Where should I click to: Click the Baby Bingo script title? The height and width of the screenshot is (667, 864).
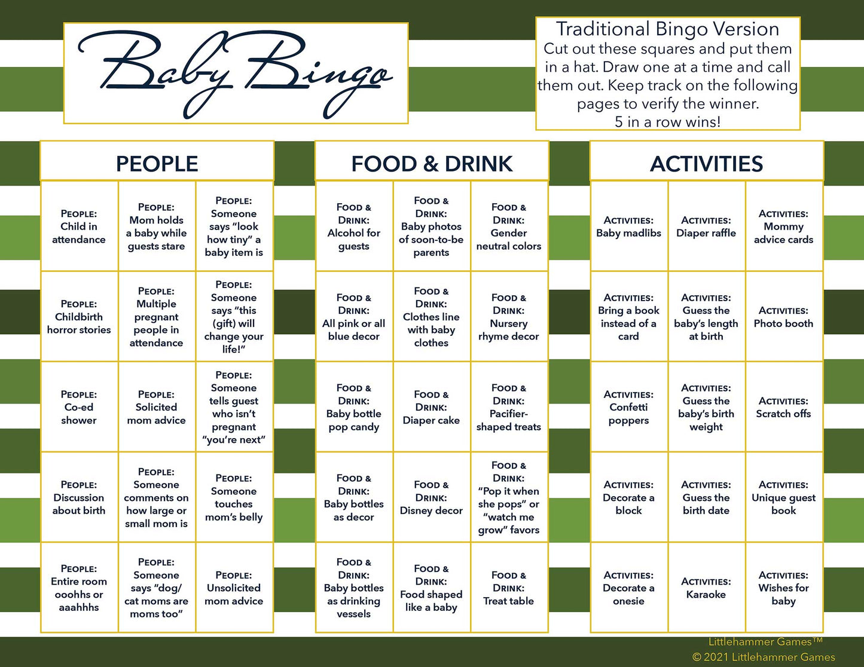[x=235, y=74]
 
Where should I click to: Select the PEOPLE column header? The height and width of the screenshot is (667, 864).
[x=157, y=164]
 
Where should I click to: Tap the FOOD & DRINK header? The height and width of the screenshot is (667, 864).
[x=432, y=164]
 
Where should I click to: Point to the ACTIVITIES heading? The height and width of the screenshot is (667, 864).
[x=707, y=164]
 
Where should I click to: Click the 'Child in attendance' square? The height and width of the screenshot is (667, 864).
[x=79, y=226]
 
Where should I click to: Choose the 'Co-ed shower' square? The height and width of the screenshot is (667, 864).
[x=79, y=407]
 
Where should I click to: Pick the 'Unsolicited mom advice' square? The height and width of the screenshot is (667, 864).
[x=234, y=588]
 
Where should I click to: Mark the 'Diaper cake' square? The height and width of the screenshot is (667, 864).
[x=432, y=407]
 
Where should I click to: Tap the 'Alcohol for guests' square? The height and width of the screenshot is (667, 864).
[x=354, y=226]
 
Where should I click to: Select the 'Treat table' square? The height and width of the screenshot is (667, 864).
[x=509, y=588]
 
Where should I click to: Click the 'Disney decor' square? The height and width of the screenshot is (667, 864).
[x=432, y=497]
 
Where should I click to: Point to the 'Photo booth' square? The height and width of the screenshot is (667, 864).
[x=784, y=317]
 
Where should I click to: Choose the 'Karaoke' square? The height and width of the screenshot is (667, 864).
[x=706, y=588]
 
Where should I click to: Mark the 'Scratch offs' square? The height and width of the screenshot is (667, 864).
[x=784, y=407]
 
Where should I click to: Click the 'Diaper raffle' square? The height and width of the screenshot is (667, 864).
[x=706, y=226]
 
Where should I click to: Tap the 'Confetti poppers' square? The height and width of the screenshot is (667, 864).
[x=628, y=407]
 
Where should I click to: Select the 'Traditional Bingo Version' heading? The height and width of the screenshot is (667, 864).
[x=668, y=29]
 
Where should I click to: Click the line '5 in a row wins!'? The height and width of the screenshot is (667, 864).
[x=668, y=121]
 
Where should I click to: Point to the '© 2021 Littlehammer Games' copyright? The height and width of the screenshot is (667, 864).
[x=764, y=657]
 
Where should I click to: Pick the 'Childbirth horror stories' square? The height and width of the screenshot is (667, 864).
[x=79, y=317]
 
